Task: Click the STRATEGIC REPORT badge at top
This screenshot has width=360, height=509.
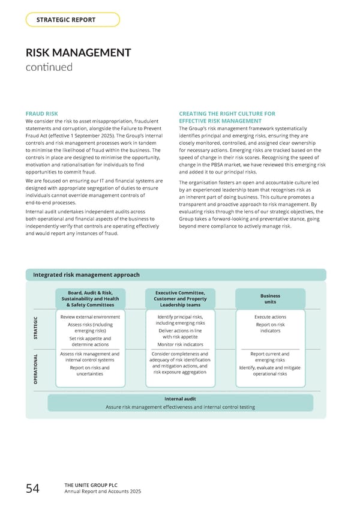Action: [x=73, y=20]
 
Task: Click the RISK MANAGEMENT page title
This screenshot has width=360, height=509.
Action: [x=79, y=53]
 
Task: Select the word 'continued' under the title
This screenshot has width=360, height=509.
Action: [x=49, y=67]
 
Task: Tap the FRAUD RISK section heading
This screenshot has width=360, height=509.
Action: [x=42, y=113]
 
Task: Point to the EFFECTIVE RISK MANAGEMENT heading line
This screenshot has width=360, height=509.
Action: [x=220, y=121]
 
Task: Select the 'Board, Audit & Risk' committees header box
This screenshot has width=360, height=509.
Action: [x=91, y=299]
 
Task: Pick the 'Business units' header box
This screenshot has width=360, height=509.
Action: [x=270, y=299]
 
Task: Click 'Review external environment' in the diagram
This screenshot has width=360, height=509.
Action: [x=91, y=317]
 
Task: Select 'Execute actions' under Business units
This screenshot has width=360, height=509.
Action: [x=270, y=317]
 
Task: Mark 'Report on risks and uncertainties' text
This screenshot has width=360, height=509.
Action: [x=89, y=371]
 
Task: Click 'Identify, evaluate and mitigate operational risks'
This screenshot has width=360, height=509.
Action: [x=270, y=371]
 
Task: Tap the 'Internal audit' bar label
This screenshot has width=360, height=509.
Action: [x=180, y=399]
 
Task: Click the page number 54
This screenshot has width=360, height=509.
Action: [x=33, y=490]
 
